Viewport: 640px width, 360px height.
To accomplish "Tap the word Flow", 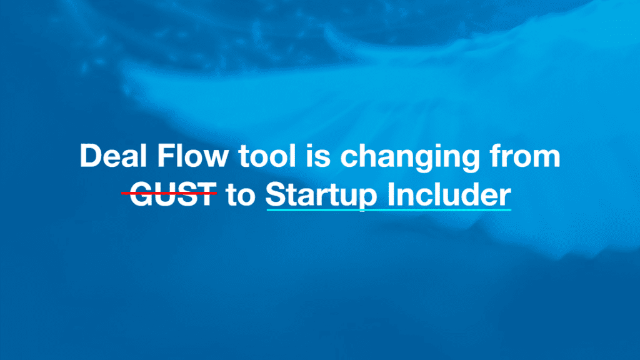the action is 192,156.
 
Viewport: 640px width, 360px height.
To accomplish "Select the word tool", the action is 267,156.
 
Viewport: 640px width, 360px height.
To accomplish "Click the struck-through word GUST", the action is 173,194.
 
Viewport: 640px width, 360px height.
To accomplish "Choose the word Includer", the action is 449,194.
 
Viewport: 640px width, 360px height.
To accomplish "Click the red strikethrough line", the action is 169,192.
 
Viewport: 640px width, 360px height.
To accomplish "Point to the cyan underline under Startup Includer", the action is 389,210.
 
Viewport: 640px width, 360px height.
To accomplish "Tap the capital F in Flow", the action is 166,156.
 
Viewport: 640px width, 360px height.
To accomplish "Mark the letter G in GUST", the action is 141,194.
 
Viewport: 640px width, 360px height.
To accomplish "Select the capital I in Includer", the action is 391,194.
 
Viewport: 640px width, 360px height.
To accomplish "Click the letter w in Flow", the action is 215,158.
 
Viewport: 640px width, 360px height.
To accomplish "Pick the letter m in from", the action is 545,158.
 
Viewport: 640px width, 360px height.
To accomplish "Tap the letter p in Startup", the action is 366,201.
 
